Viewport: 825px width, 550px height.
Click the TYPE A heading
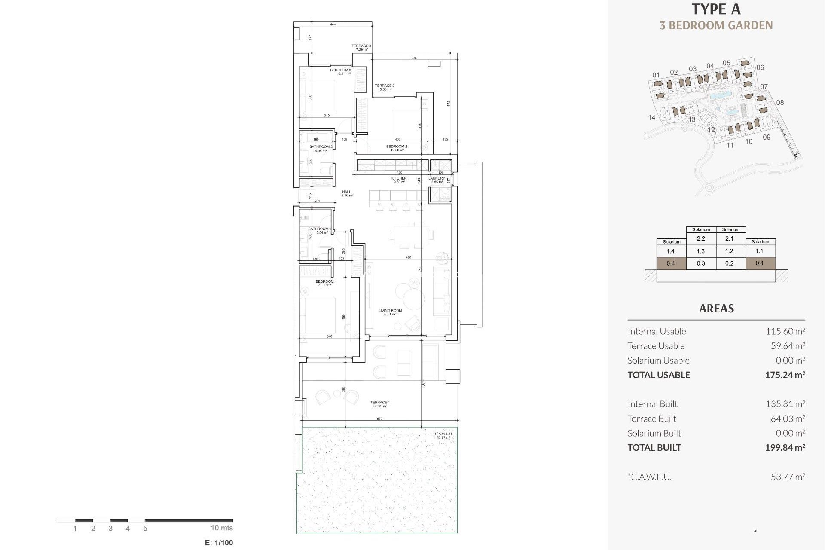pyautogui.click(x=716, y=9)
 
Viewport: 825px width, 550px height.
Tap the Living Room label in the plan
pyautogui.click(x=390, y=312)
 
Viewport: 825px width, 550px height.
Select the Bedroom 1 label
pyautogui.click(x=326, y=283)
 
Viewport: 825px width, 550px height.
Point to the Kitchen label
pyautogui.click(x=399, y=180)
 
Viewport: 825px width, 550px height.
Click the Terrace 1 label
pyautogui.click(x=380, y=404)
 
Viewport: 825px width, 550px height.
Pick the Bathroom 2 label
pyautogui.click(x=321, y=148)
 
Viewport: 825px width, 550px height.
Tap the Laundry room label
pyautogui.click(x=437, y=180)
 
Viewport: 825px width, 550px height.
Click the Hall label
pyautogui.click(x=347, y=193)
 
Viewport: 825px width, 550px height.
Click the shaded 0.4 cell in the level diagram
pyautogui.click(x=671, y=263)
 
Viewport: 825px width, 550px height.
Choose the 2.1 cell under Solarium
pyautogui.click(x=729, y=238)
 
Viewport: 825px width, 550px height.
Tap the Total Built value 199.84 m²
pyautogui.click(x=785, y=447)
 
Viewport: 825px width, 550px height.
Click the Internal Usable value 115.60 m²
pyautogui.click(x=785, y=331)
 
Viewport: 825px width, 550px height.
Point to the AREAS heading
pyautogui.click(x=716, y=309)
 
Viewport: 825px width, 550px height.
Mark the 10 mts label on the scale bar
pyautogui.click(x=222, y=528)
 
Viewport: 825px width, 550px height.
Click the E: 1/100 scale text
pyautogui.click(x=219, y=543)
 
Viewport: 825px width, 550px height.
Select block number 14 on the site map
pyautogui.click(x=651, y=117)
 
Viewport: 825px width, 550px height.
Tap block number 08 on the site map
pyautogui.click(x=780, y=102)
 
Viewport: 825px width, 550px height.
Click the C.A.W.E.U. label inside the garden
pyautogui.click(x=443, y=435)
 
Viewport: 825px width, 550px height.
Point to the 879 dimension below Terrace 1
pyautogui.click(x=379, y=419)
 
